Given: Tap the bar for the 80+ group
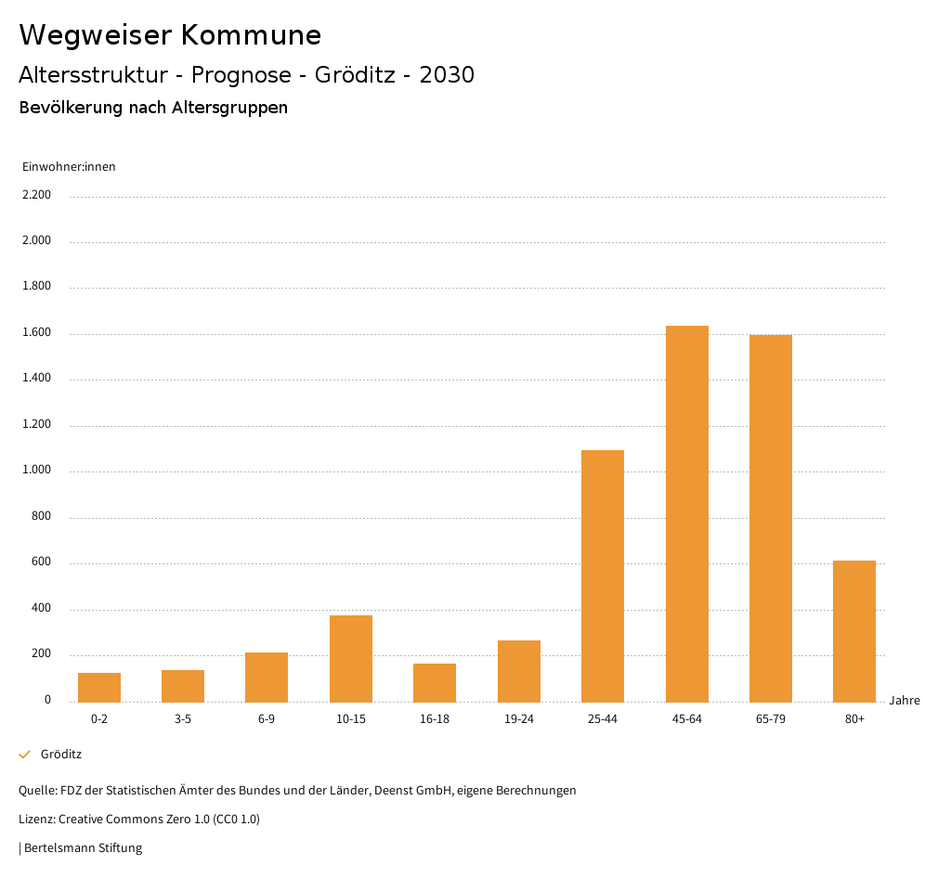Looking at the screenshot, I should point(853,631).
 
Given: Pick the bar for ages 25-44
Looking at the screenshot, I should point(603,575).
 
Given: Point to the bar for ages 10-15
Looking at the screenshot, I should point(351,658).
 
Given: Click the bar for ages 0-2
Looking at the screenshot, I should point(99,687).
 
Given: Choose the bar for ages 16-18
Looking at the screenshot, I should point(435,682).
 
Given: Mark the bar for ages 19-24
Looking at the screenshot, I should point(518,671).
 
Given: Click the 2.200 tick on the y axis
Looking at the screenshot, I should point(37,195).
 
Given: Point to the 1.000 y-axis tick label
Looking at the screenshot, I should point(37,471).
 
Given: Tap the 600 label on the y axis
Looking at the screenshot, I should point(42,562).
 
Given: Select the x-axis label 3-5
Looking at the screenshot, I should point(183,719).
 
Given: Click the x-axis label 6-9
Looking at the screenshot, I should point(267,719).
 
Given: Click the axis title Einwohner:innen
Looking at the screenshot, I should point(69,166).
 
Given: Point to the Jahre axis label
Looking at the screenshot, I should point(905,700).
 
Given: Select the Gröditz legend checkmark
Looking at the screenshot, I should point(25,755).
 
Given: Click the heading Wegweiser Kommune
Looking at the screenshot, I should point(170,35).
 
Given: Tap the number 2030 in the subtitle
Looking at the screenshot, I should point(447,75).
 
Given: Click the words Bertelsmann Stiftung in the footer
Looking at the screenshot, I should point(83,847).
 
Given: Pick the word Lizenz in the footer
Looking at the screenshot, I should point(35,819).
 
